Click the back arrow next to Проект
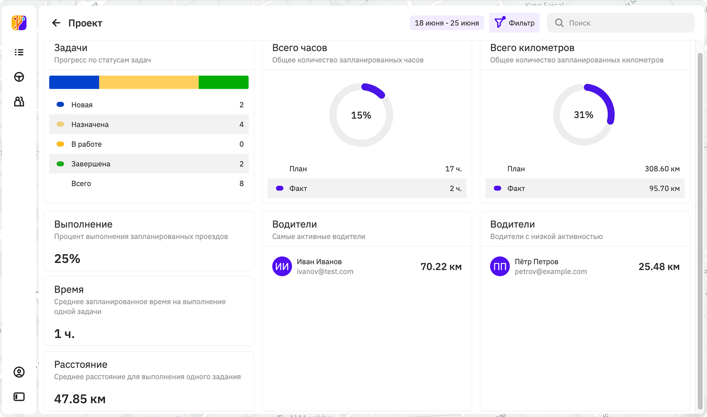coord(56,23)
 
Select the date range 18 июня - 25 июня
coord(447,23)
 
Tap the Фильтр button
coord(514,23)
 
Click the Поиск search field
coord(621,23)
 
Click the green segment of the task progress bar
coord(224,82)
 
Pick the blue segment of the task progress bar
coord(74,82)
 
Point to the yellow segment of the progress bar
coord(149,82)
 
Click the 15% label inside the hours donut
coord(361,115)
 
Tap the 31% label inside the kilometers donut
coord(584,115)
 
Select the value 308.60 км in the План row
coord(662,169)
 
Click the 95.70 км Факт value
coord(664,189)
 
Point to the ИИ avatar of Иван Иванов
coord(282,266)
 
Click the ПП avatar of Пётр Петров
coord(500,266)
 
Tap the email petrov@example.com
coord(551,272)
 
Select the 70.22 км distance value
coord(441,267)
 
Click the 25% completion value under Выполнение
coord(67,259)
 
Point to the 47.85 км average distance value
coord(80,399)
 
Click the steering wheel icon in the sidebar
coord(19,77)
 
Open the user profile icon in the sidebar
coord(19,372)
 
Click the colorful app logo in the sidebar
coord(19,23)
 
